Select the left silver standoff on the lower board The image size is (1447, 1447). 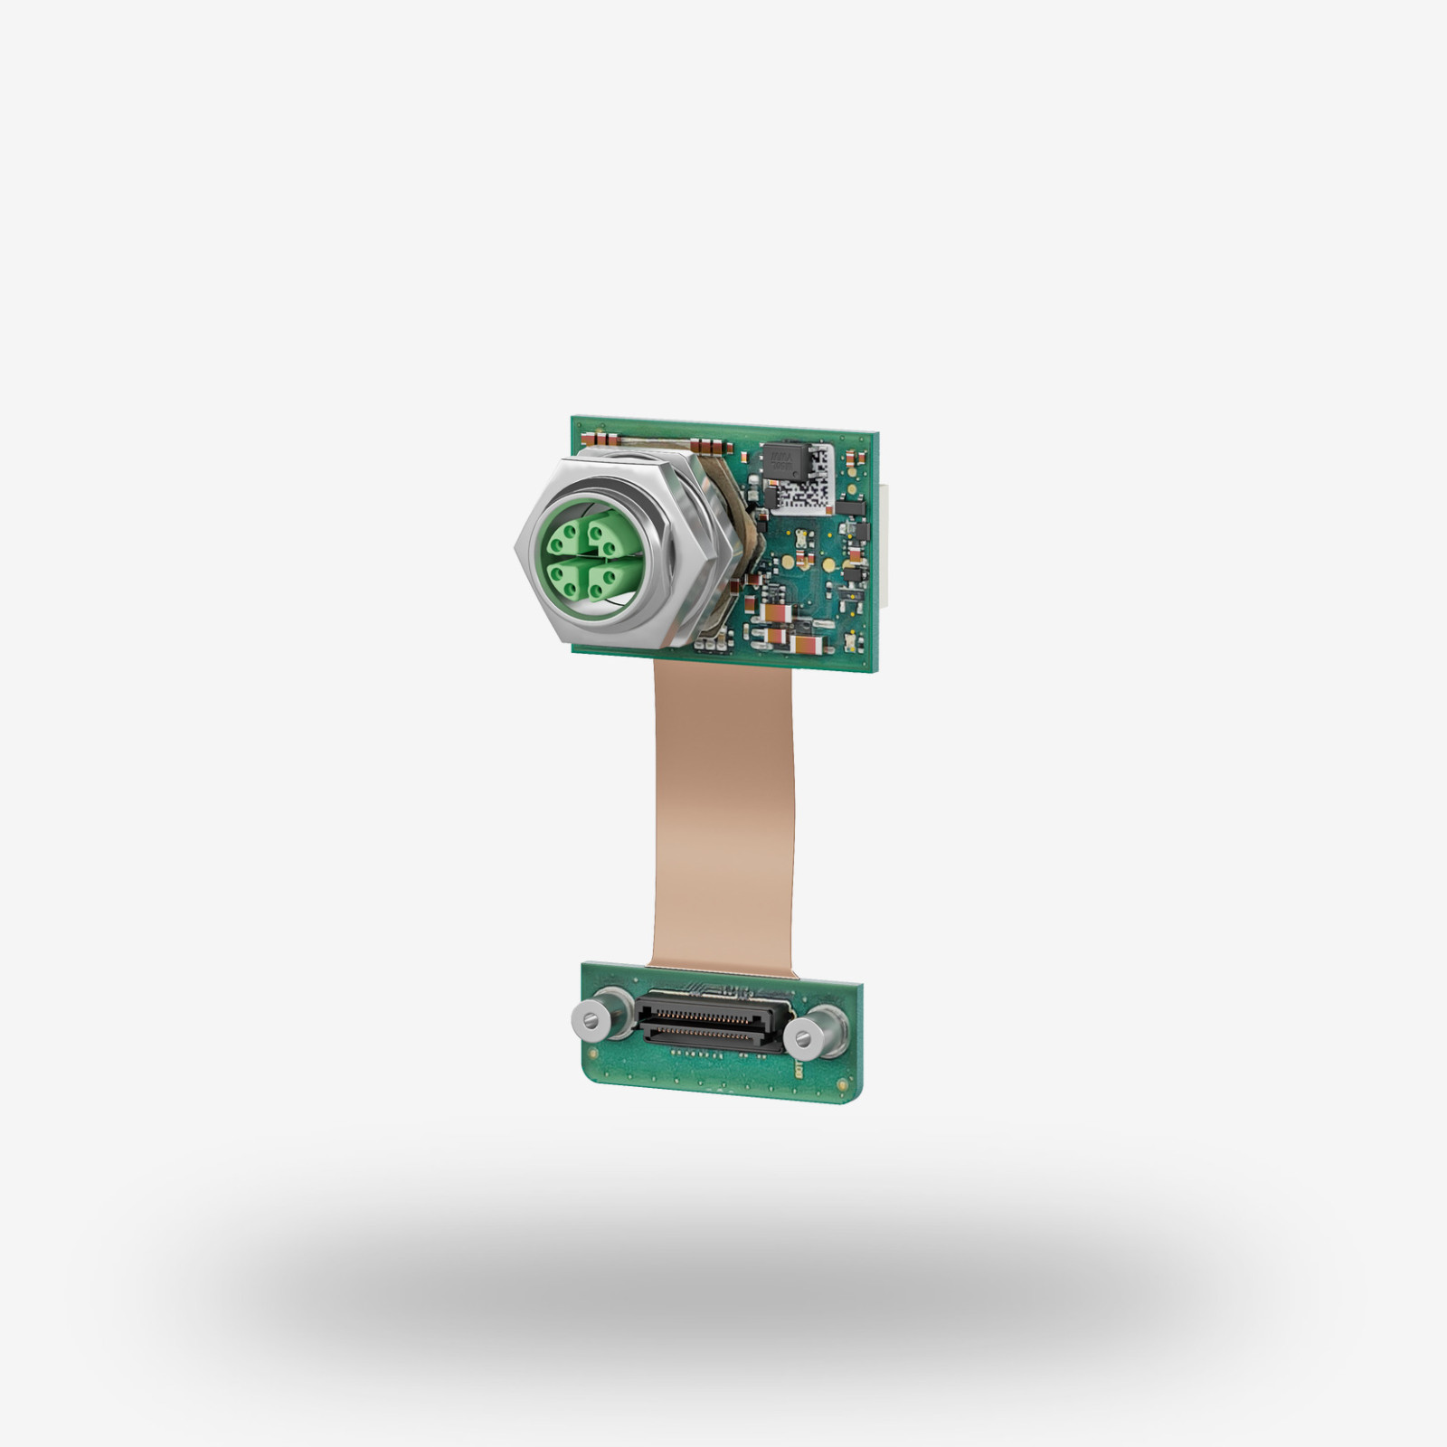(x=589, y=1019)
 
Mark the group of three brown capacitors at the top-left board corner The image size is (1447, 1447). (x=596, y=440)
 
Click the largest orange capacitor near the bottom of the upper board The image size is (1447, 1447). (x=807, y=645)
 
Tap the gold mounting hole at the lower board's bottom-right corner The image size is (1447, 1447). (x=846, y=1081)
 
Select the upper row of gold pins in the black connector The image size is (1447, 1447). (x=712, y=1013)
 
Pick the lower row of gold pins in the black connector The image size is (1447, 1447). (x=712, y=1029)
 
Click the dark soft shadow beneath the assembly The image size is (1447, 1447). (x=723, y=1293)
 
